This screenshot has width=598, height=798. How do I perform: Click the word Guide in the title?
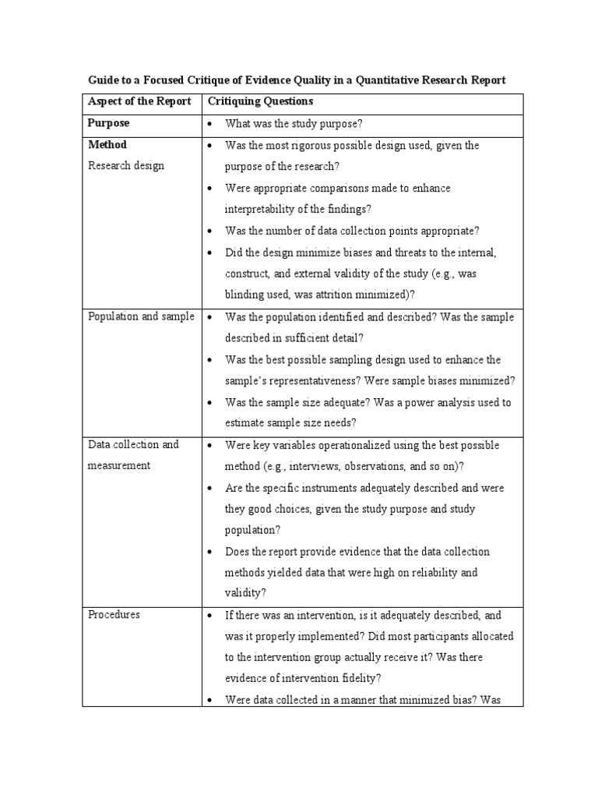[x=100, y=79]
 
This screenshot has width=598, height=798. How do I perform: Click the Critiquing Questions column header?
[x=258, y=102]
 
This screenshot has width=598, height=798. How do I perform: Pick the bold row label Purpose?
[x=108, y=123]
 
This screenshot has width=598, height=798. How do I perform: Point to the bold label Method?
[x=107, y=145]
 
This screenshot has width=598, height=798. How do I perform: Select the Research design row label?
[x=126, y=166]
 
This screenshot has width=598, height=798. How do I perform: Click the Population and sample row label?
[x=141, y=317]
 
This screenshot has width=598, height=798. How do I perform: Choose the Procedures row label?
[x=114, y=615]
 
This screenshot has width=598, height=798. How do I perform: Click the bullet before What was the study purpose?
[x=210, y=124]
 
